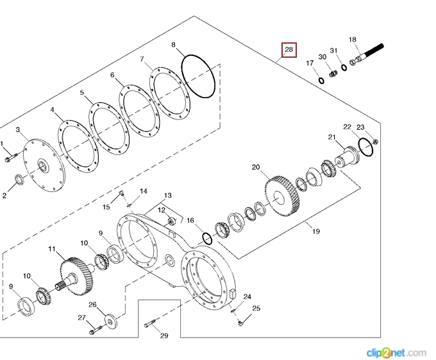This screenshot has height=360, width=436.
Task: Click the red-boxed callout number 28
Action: [289, 49]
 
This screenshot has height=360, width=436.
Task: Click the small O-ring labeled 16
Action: [206, 239]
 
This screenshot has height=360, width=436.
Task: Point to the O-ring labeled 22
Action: [364, 147]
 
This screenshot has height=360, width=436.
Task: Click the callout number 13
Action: [167, 195]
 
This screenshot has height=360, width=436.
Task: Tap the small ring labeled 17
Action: [319, 80]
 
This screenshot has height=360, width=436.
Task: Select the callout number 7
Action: [142, 60]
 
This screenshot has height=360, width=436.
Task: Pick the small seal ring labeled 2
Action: [19, 179]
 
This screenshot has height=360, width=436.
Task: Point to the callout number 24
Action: [246, 296]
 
